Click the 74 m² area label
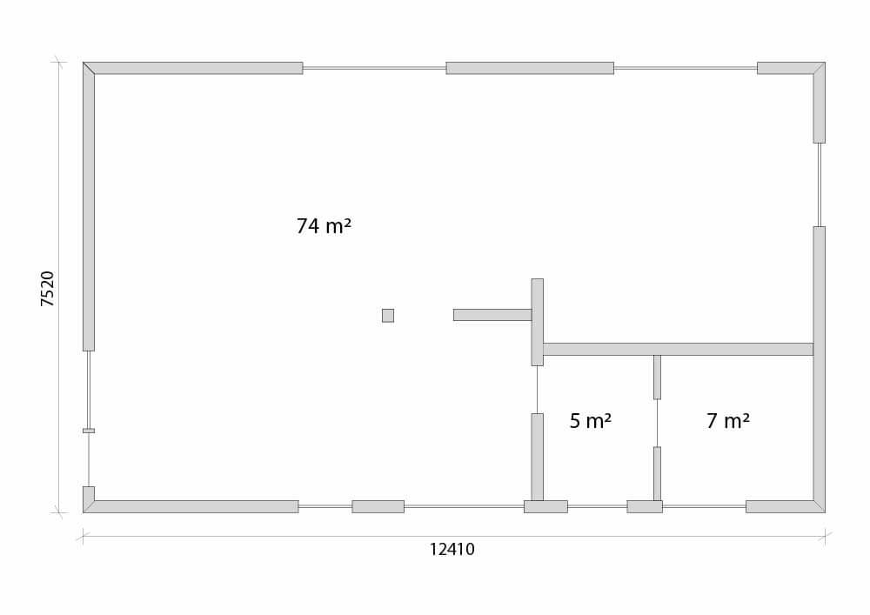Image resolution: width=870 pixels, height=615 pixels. click(324, 226)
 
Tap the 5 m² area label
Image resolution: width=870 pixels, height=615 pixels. click(591, 421)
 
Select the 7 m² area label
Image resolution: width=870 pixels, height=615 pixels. click(728, 421)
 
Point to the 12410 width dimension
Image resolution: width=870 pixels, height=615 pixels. click(452, 549)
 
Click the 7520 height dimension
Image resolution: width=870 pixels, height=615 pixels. click(48, 289)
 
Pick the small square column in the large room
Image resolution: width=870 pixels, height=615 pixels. click(388, 316)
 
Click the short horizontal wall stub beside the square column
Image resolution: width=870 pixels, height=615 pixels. click(492, 315)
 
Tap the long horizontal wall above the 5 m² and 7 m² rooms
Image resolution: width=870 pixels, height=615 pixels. click(678, 349)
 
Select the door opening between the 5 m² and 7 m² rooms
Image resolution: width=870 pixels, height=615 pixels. click(657, 423)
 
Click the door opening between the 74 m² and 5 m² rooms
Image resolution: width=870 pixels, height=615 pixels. click(537, 390)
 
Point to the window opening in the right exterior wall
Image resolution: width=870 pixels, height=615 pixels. click(820, 184)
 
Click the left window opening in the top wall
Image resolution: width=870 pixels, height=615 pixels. click(374, 68)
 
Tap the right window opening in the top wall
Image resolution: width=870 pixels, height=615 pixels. click(686, 68)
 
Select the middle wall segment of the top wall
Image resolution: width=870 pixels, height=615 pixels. click(530, 68)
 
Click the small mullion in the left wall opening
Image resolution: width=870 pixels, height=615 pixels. click(89, 431)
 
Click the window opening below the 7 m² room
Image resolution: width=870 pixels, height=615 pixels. click(704, 506)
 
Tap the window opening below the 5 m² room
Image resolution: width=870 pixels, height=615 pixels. click(598, 506)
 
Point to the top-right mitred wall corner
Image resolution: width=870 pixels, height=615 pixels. click(819, 68)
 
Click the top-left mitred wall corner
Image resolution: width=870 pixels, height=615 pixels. click(89, 68)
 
